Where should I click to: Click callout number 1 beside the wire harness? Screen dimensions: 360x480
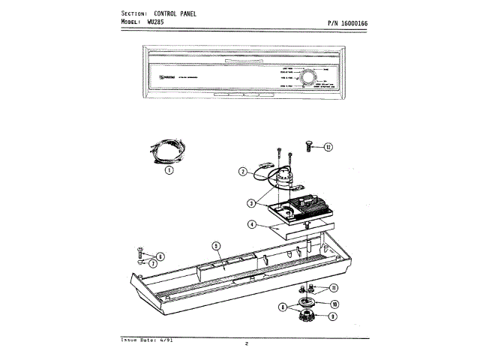(x=169, y=170)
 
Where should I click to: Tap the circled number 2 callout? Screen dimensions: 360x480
(x=243, y=172)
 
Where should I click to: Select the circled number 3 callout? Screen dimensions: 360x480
(x=253, y=202)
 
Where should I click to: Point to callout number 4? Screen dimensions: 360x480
(x=252, y=224)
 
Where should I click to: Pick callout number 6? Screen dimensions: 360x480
(x=160, y=256)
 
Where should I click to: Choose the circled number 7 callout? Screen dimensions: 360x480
(x=153, y=264)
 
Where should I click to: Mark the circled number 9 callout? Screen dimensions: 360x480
(x=332, y=316)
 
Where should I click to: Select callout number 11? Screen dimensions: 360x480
(x=333, y=288)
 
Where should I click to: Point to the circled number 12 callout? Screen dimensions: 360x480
(x=328, y=147)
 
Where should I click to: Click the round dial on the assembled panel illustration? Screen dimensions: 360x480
(x=307, y=77)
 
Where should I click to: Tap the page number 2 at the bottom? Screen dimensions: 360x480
(x=247, y=344)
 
